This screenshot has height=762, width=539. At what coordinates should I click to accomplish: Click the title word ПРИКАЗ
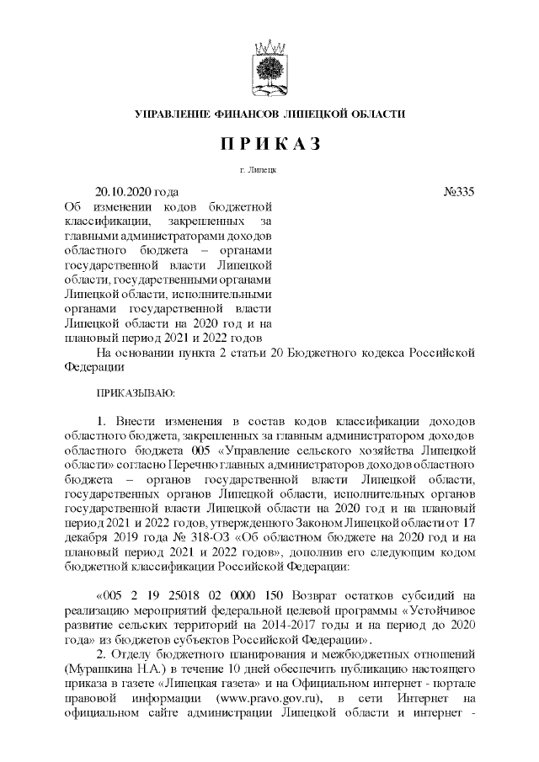coord(270,144)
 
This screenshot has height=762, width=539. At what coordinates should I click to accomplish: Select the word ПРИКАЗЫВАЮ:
coord(136,392)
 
